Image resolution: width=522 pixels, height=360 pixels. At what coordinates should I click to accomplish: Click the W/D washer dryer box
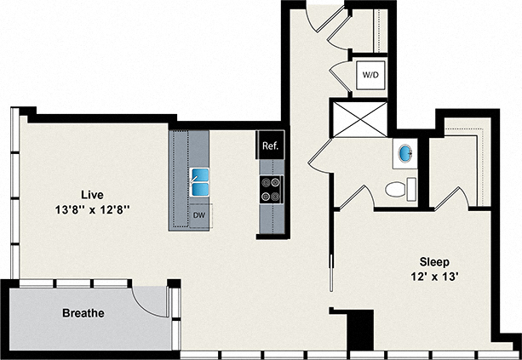pos(370,75)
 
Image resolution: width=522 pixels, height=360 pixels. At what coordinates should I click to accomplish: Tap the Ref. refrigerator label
pos(270,146)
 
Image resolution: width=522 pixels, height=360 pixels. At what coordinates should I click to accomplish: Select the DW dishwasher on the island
pos(198,216)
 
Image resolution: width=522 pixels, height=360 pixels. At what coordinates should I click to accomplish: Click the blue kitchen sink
pos(200,181)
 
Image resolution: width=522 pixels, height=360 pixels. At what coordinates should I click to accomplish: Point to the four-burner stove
pos(271,188)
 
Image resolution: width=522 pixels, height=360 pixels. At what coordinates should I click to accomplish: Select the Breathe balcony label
pos(83,313)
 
